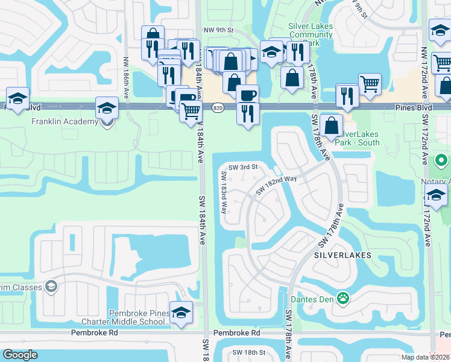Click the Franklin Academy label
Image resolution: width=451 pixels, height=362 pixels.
point(65,122)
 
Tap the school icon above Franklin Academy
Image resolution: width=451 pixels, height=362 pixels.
point(107,108)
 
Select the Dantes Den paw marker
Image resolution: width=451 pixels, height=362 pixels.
point(343,298)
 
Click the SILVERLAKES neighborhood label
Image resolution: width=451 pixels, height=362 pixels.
point(342,255)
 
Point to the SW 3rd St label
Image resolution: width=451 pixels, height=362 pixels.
point(243,167)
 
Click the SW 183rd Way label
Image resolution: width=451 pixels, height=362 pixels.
point(224,193)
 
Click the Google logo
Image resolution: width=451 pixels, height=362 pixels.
point(20,355)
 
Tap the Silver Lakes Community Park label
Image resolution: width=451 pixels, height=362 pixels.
point(311,30)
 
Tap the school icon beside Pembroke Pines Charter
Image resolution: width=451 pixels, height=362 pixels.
point(180,313)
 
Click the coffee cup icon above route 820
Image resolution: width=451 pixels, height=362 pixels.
point(247,95)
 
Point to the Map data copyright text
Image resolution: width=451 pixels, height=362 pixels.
point(425,357)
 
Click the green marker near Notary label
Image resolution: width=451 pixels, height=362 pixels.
point(441,161)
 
